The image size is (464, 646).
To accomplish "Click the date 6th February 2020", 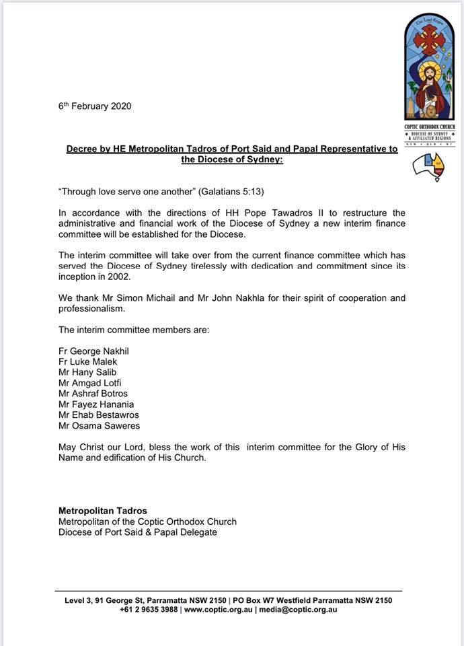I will coord(94,106).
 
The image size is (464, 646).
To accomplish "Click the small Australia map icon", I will coord(428,166).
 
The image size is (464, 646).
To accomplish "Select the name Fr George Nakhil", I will coord(93,351).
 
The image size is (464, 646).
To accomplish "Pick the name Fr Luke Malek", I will coord(87,361).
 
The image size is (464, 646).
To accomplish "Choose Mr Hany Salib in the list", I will coord(87,372).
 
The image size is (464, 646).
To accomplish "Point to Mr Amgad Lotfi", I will coord(90,383).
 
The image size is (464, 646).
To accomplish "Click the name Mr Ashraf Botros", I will coord(93,394).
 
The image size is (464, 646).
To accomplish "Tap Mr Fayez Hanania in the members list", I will coord(96,404).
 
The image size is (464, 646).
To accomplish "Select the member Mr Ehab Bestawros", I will coord(99,415).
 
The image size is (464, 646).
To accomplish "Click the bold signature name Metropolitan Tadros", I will coord(103,511).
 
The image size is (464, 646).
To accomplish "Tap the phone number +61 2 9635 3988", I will coord(149,610).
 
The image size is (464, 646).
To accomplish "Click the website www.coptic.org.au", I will coord(219,610).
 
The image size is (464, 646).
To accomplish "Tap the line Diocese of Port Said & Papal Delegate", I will coord(138,532).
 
